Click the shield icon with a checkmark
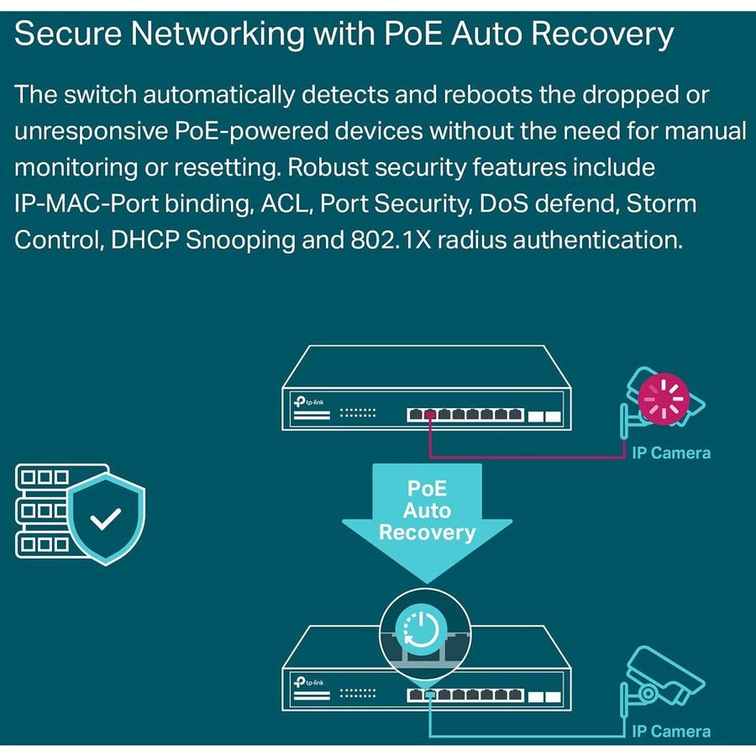tap(106, 518)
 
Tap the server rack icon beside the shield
tap(42, 510)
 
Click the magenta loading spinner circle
tap(663, 396)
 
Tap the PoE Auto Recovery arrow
tap(427, 517)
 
